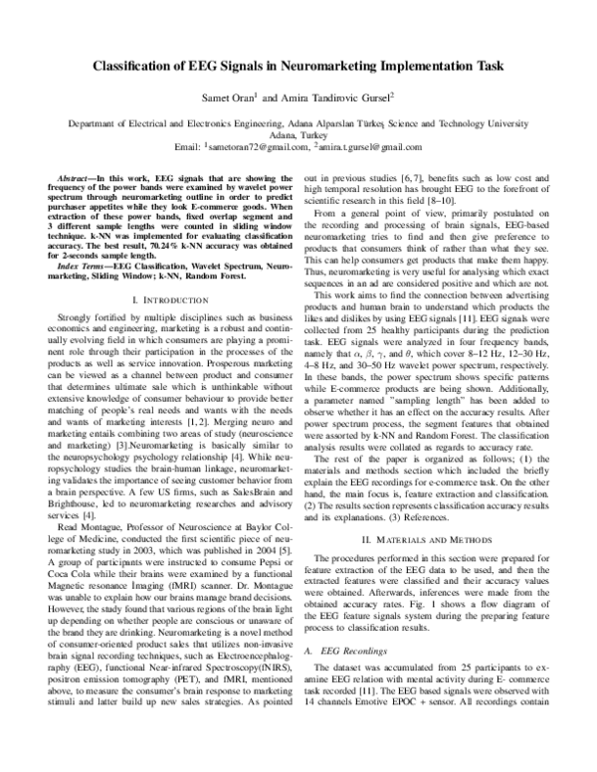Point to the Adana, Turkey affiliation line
(298, 135)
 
